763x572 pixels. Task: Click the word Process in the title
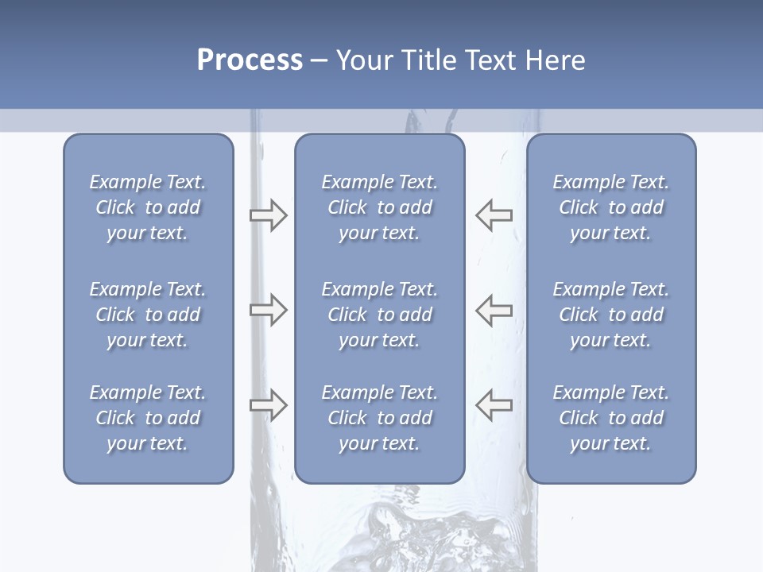[250, 60]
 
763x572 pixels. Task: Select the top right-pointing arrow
[268, 215]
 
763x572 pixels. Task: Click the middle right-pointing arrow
[268, 310]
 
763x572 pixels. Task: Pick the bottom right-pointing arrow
[268, 405]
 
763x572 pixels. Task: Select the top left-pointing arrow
[494, 215]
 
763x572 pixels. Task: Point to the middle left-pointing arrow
[494, 310]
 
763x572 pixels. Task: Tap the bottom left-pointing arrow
[494, 405]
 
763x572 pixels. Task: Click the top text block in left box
[148, 207]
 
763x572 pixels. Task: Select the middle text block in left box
[148, 315]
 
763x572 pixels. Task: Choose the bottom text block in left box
[148, 418]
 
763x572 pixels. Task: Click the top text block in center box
[379, 207]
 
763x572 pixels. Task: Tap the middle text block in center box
[379, 315]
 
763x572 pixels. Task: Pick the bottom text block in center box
[379, 418]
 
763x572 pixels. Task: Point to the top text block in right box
[610, 207]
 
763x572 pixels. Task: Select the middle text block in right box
[610, 315]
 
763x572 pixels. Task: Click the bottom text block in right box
[610, 418]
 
